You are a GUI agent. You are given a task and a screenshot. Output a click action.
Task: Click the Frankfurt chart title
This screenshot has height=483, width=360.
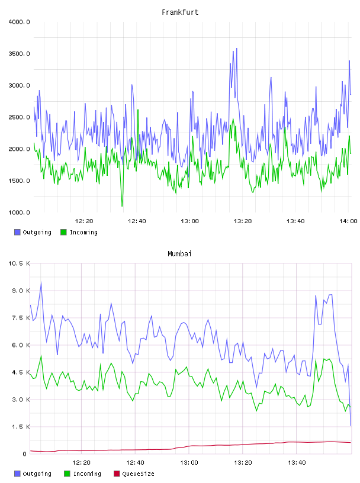point(180,12)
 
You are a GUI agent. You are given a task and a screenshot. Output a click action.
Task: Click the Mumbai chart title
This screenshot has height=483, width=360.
point(179,254)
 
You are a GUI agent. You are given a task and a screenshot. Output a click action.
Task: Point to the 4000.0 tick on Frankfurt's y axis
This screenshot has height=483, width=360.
point(19,22)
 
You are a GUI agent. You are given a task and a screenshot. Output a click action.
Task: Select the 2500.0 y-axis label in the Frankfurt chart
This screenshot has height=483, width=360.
point(19,117)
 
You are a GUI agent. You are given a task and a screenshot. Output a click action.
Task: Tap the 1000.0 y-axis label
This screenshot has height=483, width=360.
point(19,212)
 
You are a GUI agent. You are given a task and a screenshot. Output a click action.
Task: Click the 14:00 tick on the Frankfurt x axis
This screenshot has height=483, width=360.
point(348,221)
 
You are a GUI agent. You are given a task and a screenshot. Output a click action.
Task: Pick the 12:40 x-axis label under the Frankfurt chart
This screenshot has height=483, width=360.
point(137,221)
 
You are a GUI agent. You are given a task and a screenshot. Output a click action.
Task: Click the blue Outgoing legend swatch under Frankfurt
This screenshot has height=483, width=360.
point(17,232)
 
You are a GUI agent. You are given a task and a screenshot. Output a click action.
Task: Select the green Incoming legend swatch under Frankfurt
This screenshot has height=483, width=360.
point(63,232)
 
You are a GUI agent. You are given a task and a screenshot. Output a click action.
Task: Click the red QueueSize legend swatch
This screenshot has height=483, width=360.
point(117,474)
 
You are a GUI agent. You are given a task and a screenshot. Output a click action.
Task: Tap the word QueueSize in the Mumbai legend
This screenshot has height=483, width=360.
point(138,474)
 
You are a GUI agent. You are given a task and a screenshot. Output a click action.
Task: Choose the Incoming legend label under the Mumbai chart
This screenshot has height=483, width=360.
point(87,474)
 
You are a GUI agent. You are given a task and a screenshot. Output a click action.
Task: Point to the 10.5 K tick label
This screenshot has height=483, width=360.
point(19,263)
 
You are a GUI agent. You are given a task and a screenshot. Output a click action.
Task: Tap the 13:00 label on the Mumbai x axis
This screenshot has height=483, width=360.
point(189,463)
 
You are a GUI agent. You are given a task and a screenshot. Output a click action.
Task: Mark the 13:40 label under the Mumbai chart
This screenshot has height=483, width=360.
point(297,463)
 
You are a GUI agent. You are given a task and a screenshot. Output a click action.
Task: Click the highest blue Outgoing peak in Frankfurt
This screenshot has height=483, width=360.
point(237,49)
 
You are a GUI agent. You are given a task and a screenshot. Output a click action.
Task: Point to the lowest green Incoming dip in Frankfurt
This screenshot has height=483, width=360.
point(122,206)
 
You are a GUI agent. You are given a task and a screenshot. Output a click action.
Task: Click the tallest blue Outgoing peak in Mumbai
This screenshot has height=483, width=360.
point(41,282)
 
